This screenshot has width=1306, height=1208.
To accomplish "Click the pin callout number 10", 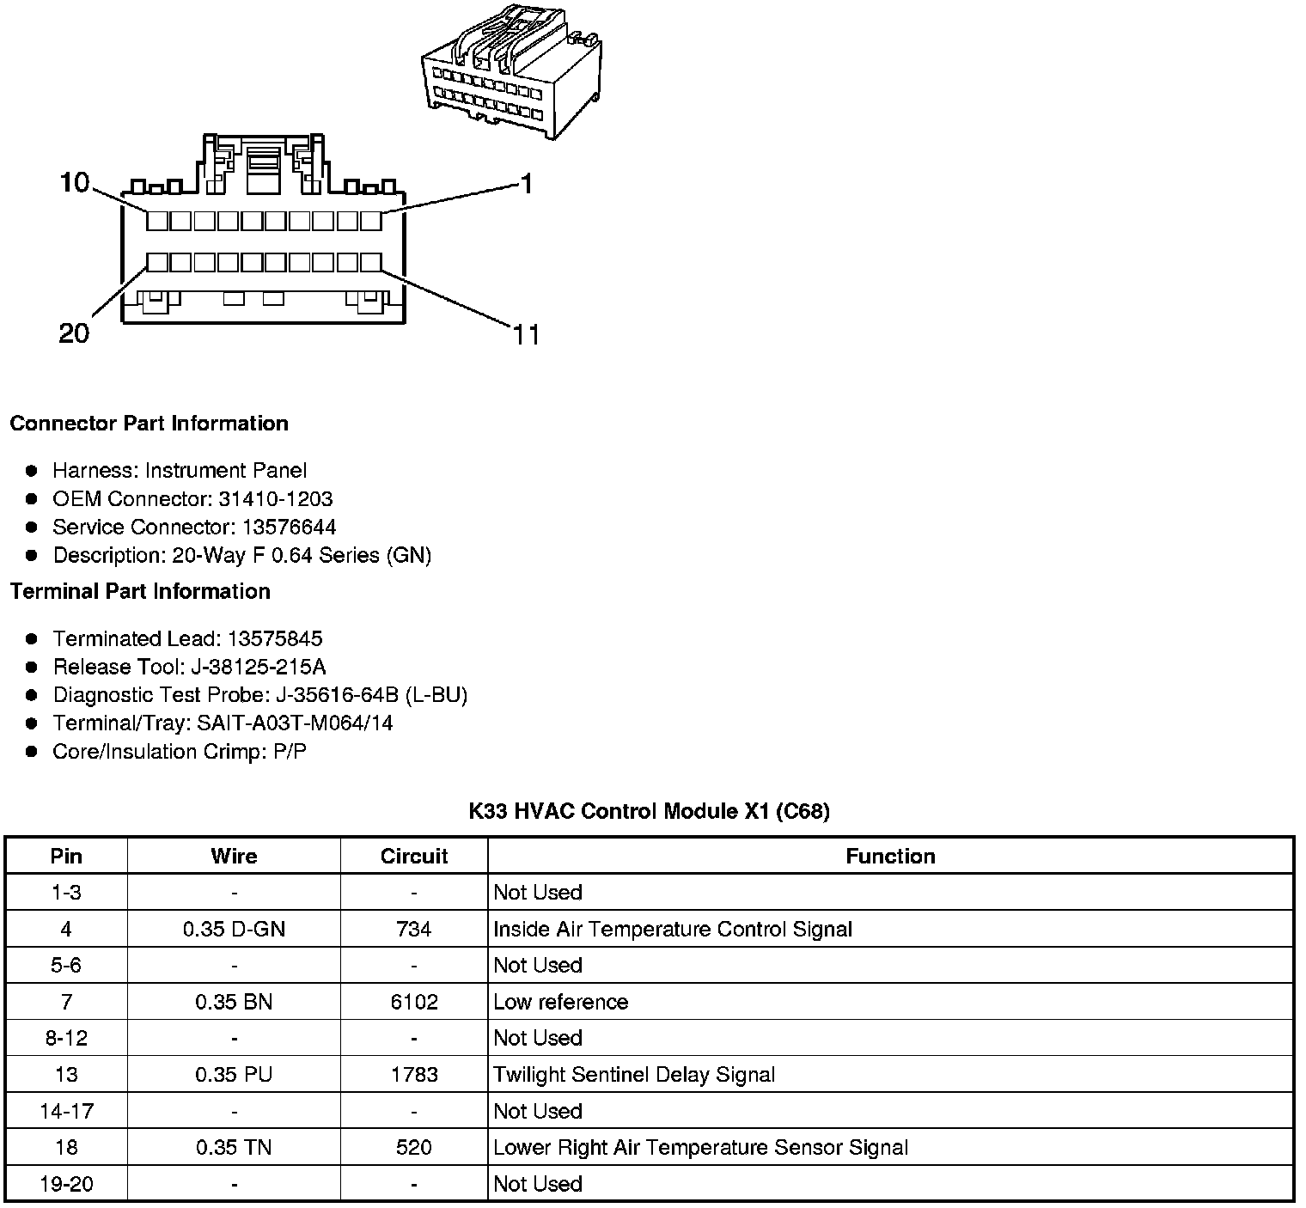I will click(x=75, y=182).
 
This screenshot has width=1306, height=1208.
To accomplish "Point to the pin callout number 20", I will click(x=74, y=333).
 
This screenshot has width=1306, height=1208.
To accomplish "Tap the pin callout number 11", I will click(x=527, y=334).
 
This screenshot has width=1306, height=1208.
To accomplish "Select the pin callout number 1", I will click(x=527, y=183).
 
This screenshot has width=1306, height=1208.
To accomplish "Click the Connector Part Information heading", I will click(x=149, y=424).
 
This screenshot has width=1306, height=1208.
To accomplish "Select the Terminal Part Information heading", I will click(x=140, y=591).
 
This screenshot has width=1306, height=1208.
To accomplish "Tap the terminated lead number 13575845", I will click(x=275, y=638).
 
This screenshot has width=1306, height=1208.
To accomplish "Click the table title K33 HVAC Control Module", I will click(x=649, y=811).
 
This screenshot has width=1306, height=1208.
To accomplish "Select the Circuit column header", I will click(x=414, y=856).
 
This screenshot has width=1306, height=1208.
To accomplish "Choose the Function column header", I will click(x=890, y=856).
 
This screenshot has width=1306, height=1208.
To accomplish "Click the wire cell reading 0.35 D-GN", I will click(x=234, y=929).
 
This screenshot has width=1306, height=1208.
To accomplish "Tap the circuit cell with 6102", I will click(x=414, y=1002).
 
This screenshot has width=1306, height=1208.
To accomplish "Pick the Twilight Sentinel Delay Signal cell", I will click(x=634, y=1075).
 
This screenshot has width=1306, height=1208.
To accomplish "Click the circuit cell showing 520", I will click(x=414, y=1147).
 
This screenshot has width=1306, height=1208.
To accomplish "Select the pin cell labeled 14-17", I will click(x=66, y=1111).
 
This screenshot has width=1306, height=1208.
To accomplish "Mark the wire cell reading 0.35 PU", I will click(x=234, y=1075).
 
